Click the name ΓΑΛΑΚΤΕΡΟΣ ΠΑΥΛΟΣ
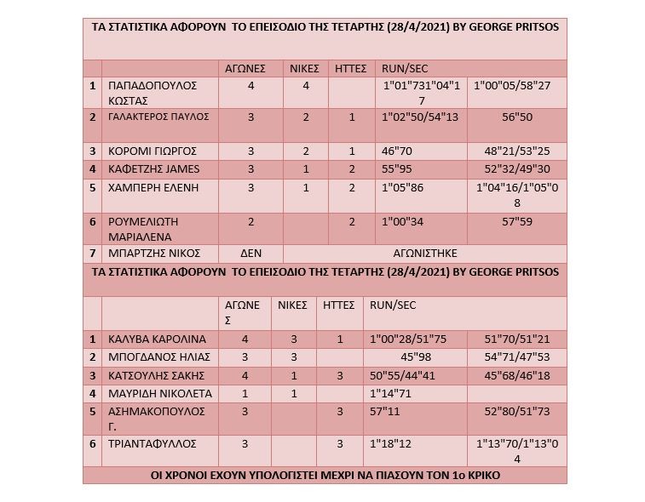click(159, 117)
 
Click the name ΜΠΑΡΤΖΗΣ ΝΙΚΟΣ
click(153, 253)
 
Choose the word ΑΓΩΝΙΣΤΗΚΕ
click(425, 253)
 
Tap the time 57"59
click(517, 221)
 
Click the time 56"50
click(517, 117)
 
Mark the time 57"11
click(385, 411)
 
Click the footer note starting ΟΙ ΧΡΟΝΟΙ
click(325, 475)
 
